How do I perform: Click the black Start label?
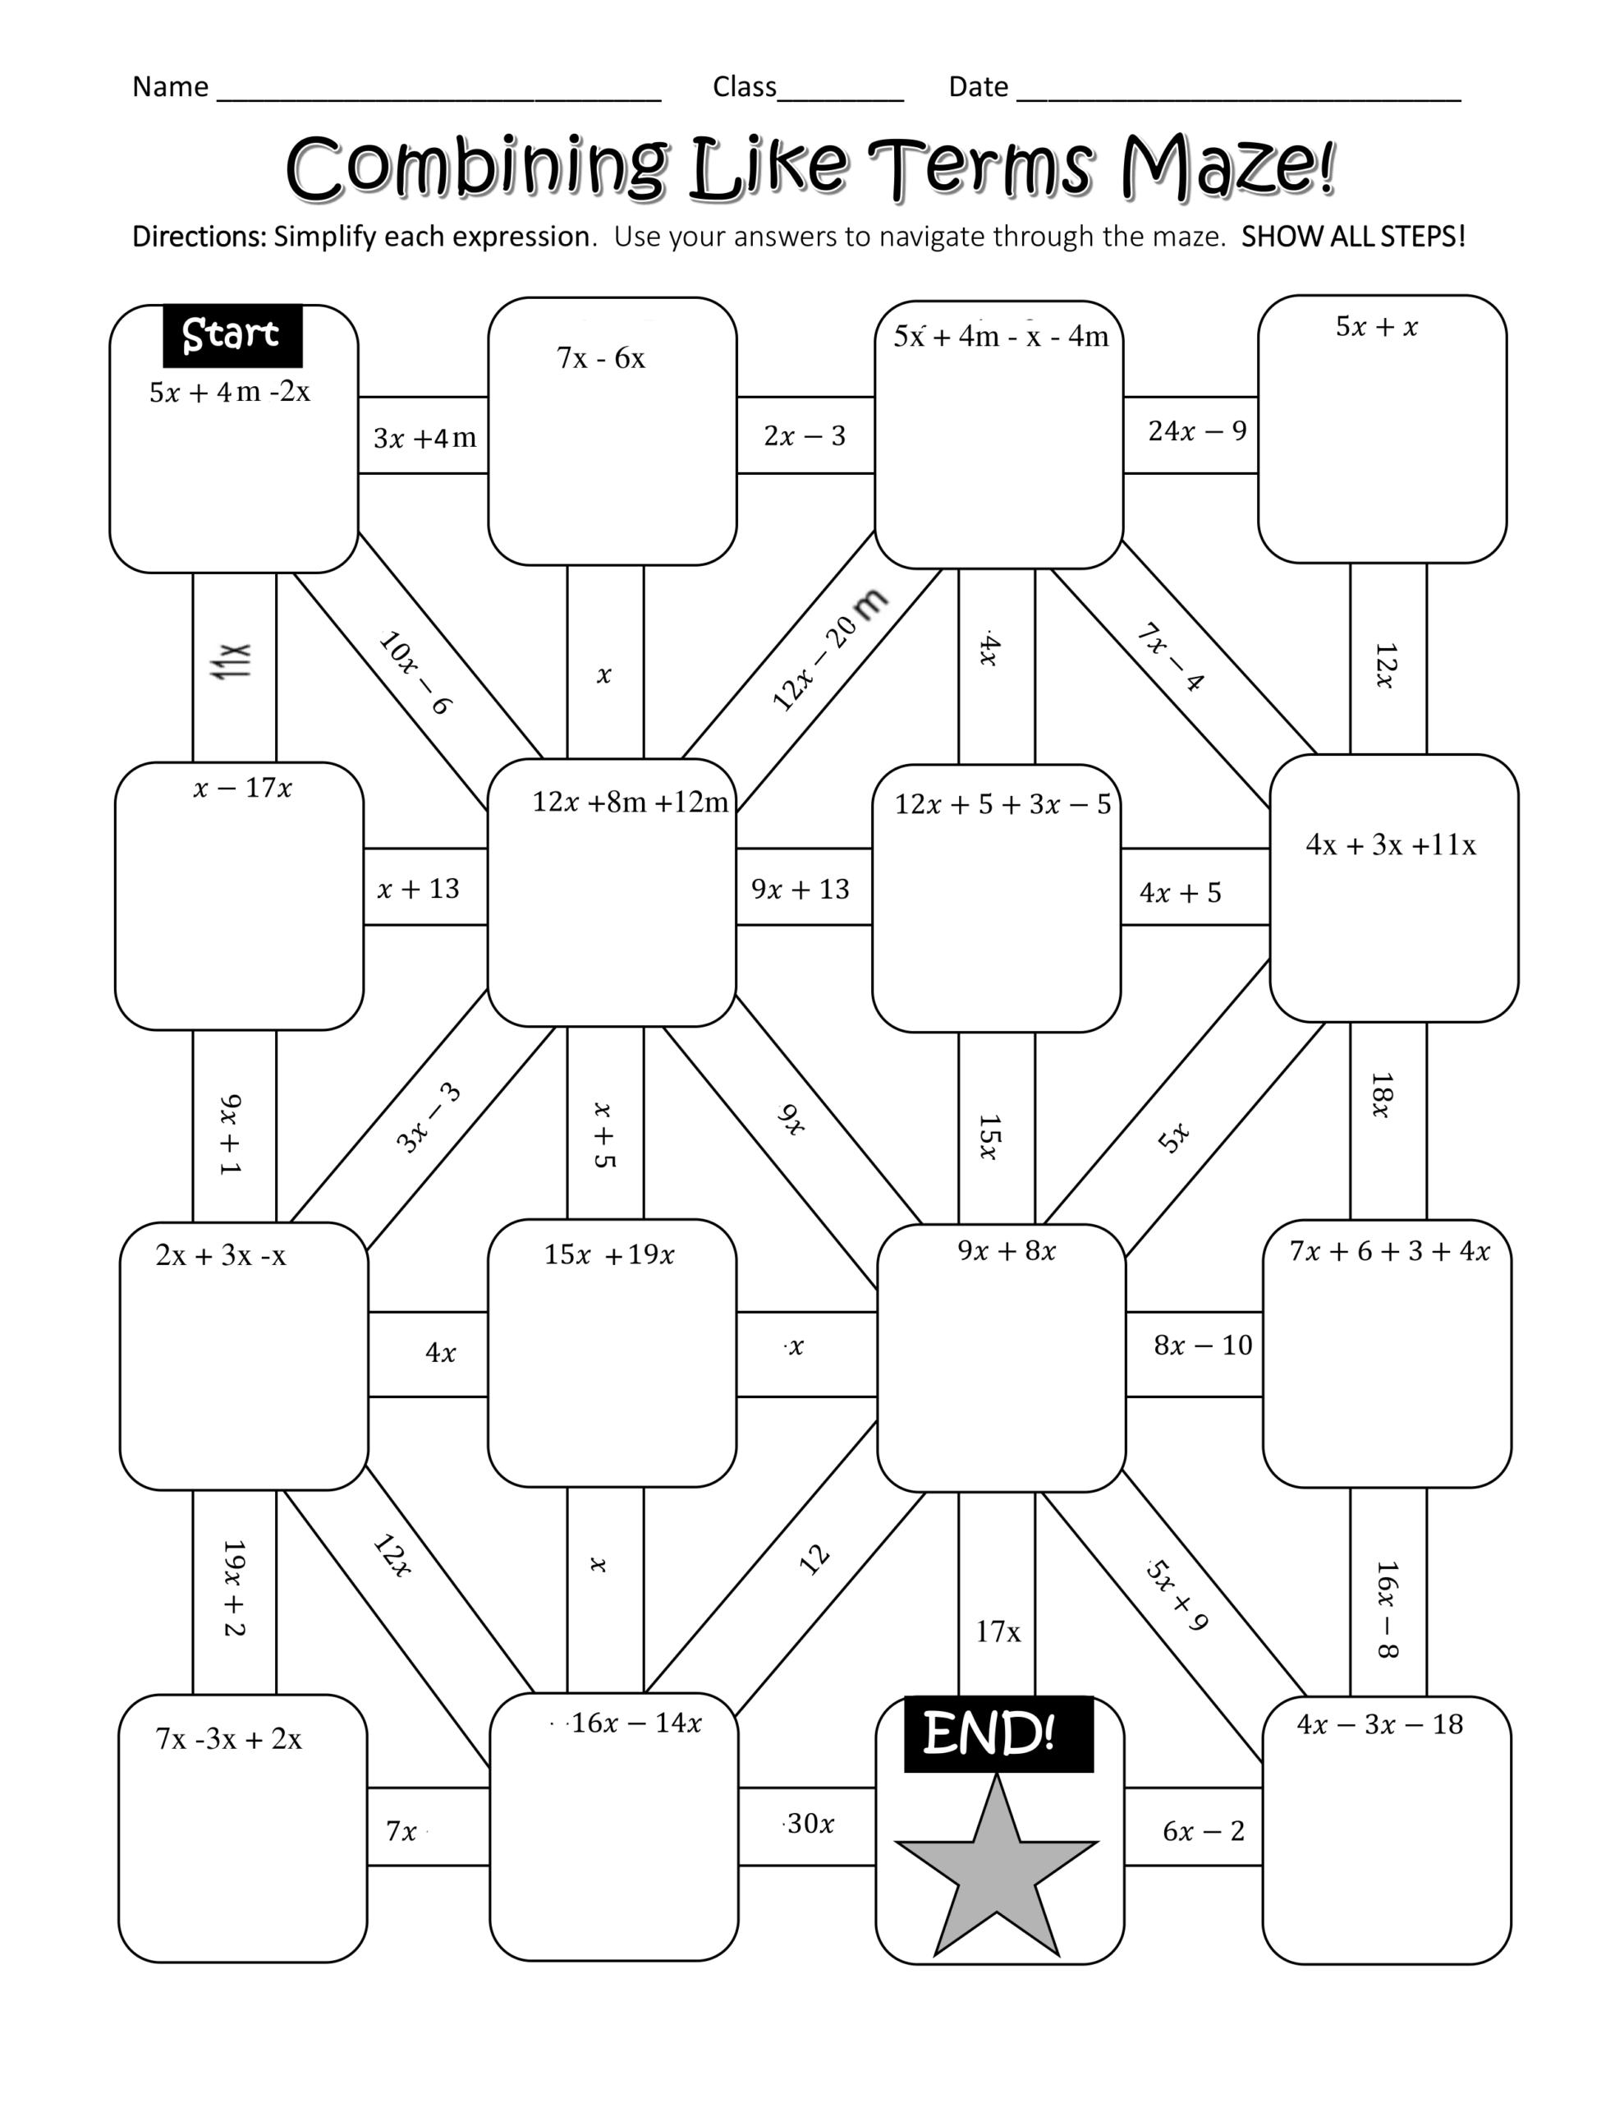coord(232,335)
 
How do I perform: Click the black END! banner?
coord(998,1733)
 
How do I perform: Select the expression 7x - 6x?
coord(601,358)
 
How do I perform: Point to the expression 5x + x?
coord(1377,328)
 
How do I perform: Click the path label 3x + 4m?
coord(424,438)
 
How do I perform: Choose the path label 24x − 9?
coord(1196,430)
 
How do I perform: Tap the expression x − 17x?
coord(241,789)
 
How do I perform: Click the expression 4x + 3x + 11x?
coord(1390,844)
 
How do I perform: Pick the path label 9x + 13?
coord(800,889)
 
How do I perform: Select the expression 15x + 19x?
coord(608,1254)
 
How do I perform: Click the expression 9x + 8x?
coord(1006,1251)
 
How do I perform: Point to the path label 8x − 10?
coord(1202,1346)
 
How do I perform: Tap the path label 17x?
coord(998,1631)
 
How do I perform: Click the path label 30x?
coord(810,1823)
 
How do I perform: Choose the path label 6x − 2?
coord(1204,1830)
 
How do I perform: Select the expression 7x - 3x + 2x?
coord(228,1739)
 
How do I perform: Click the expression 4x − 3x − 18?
coord(1379,1723)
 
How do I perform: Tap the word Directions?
coord(199,237)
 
